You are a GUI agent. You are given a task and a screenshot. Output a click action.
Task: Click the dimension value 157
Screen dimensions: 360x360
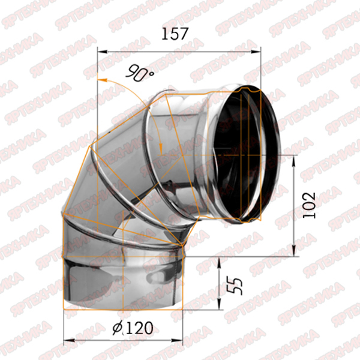click(x=175, y=34)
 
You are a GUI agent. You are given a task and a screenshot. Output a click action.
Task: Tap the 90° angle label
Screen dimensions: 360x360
click(x=140, y=73)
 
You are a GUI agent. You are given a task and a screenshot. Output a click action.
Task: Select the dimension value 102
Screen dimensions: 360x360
click(x=309, y=205)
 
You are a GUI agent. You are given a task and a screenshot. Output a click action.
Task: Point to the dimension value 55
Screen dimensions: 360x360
click(x=235, y=286)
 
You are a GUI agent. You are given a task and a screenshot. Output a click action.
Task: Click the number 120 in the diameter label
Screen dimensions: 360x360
click(x=140, y=328)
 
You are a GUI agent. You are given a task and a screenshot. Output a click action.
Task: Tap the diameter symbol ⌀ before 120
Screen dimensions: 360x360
click(x=118, y=328)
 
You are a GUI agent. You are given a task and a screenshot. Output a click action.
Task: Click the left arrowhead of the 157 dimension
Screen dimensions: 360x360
click(x=103, y=52)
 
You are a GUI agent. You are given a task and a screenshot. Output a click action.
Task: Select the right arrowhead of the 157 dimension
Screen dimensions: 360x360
click(x=256, y=52)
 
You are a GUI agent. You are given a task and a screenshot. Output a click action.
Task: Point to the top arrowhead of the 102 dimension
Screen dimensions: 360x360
click(x=294, y=160)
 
